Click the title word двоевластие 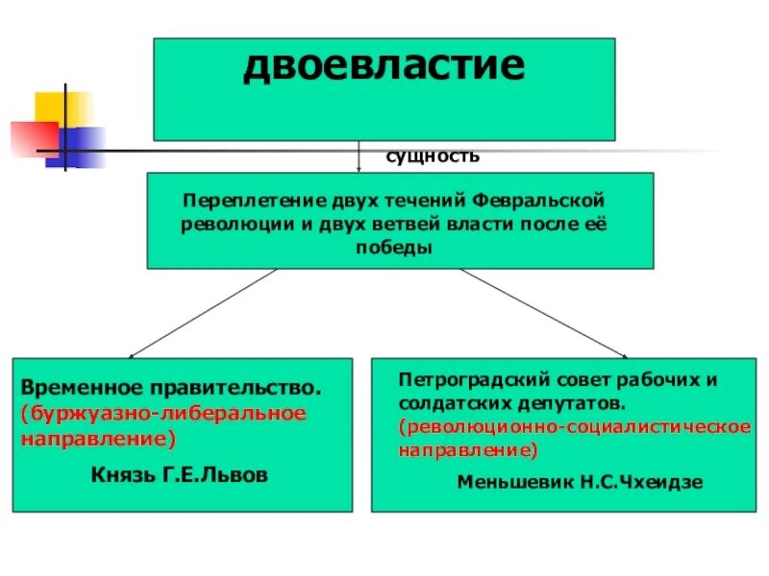384,67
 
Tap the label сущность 433,156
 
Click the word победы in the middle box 399,247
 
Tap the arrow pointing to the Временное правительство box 135,353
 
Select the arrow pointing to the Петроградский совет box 623,353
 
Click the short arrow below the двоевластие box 359,157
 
